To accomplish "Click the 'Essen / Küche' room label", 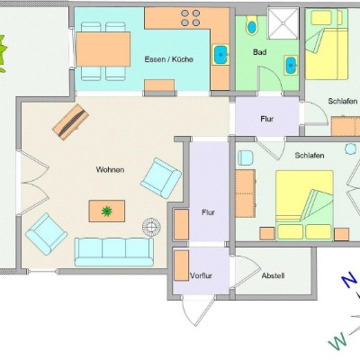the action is [168, 59].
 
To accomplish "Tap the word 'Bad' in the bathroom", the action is [259, 52].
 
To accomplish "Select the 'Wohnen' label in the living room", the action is [110, 169].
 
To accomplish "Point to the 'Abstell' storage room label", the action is [273, 275].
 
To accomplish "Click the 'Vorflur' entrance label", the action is [201, 275].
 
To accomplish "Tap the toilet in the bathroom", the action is [252, 25].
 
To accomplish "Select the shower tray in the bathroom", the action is [283, 23].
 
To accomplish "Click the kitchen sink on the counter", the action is [221, 55].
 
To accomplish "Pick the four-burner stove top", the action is [191, 18].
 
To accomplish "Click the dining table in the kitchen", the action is [103, 49].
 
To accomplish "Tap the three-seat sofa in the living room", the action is [114, 252].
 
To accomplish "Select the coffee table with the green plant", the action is [107, 211].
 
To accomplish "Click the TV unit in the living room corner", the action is [70, 121].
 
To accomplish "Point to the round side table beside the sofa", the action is [151, 227].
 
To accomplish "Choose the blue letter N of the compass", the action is [349, 281].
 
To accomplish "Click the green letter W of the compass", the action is [337, 342].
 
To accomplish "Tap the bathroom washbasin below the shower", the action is [291, 65].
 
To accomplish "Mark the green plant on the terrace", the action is [3, 54].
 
